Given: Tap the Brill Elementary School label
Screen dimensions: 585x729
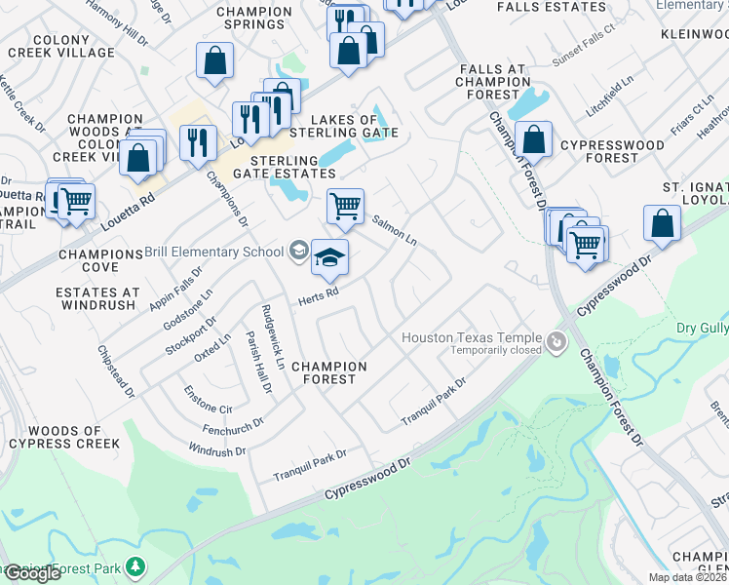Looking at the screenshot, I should (215, 253).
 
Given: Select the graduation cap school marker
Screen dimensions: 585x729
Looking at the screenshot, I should (329, 258).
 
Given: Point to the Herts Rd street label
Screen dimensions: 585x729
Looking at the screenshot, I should (319, 293).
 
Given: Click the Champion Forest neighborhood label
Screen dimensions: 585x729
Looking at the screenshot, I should (329, 372).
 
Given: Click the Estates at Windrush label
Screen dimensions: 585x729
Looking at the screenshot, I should (97, 298).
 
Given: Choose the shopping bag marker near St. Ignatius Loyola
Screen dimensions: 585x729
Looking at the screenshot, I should (662, 223).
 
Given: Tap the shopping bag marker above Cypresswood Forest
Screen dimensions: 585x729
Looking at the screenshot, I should (534, 139).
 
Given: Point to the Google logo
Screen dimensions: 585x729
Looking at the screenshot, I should (32, 573).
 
